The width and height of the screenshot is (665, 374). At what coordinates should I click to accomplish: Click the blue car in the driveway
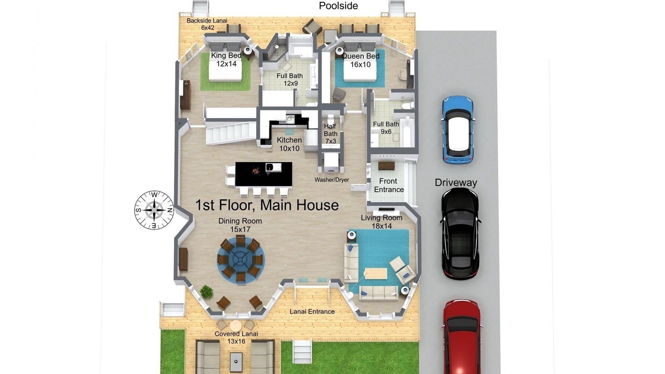tap(458, 130)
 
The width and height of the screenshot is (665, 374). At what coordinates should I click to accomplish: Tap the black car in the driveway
tap(460, 234)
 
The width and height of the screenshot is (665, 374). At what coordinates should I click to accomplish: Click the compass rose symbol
tap(154, 210)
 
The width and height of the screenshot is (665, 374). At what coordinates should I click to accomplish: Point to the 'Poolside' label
tap(338, 6)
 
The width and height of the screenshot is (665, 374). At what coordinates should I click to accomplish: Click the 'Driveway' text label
tap(456, 182)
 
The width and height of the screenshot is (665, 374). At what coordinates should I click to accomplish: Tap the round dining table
tap(241, 259)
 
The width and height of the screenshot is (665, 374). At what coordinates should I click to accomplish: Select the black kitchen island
tap(263, 174)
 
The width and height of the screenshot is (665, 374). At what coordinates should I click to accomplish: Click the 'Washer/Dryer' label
tap(331, 180)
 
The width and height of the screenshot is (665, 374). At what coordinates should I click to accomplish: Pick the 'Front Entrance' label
tap(389, 185)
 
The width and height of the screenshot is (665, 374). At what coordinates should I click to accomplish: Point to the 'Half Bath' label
tap(330, 130)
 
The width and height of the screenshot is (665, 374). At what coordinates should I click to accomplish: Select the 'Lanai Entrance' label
tap(312, 311)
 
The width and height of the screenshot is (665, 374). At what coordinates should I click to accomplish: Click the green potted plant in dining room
tap(206, 291)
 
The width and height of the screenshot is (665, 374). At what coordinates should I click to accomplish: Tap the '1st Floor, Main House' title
tap(267, 205)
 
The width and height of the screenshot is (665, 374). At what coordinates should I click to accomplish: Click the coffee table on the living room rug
tap(376, 274)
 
